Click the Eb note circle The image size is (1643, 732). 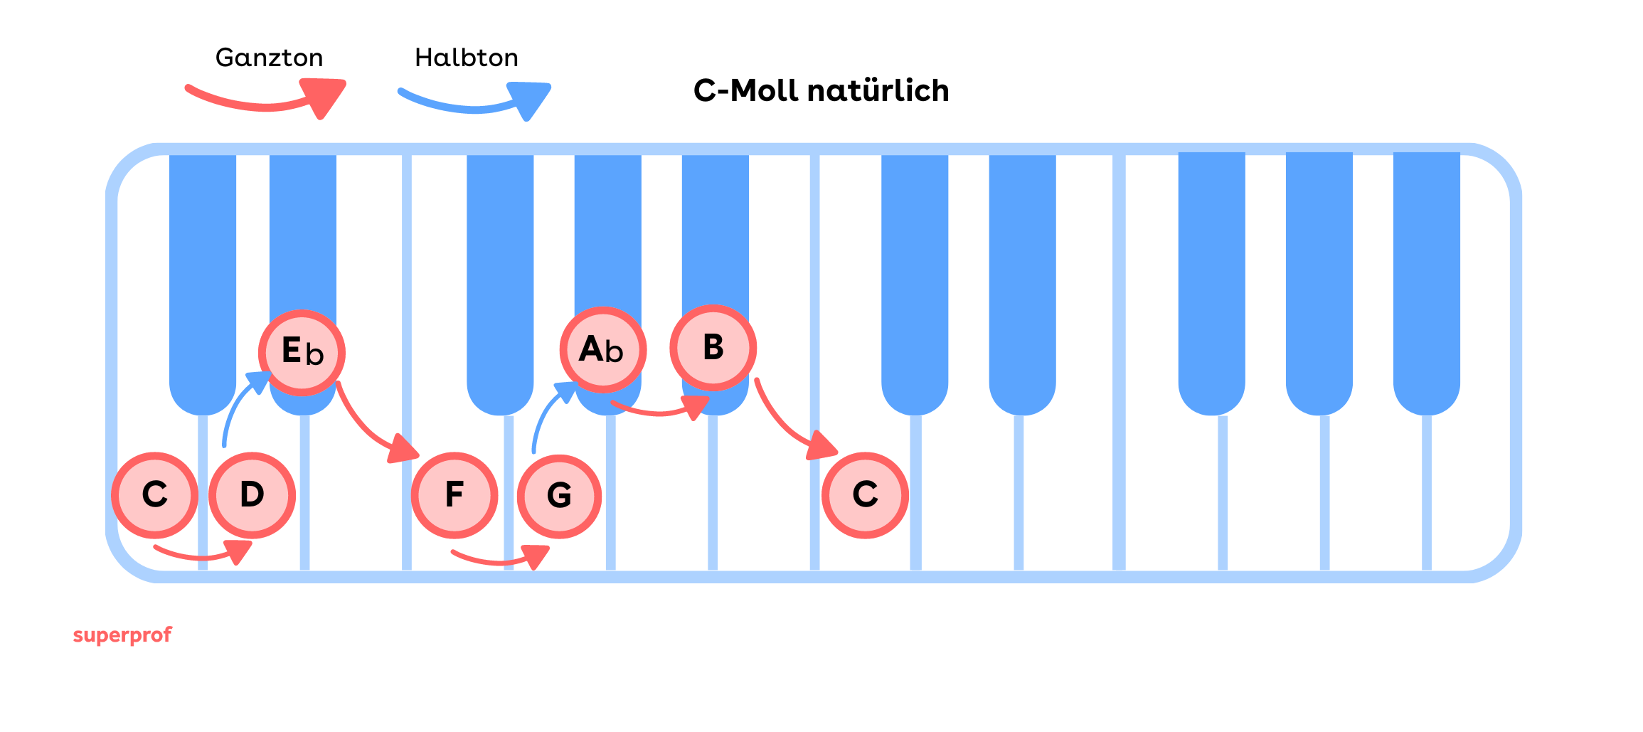click(302, 353)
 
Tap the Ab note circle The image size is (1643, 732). click(603, 350)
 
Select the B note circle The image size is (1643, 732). click(713, 348)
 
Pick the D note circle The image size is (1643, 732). click(252, 495)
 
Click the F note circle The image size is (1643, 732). click(454, 495)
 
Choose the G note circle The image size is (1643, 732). click(559, 496)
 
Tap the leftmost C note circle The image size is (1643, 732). click(154, 495)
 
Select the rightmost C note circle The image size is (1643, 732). click(865, 495)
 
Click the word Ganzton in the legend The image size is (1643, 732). click(269, 58)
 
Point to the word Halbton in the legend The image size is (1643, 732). click(467, 58)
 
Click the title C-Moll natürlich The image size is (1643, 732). click(821, 91)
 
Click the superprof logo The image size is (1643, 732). click(122, 635)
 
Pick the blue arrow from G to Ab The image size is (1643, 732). click(548, 413)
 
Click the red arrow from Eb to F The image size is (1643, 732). click(370, 427)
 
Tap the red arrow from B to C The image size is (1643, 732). click(786, 423)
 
